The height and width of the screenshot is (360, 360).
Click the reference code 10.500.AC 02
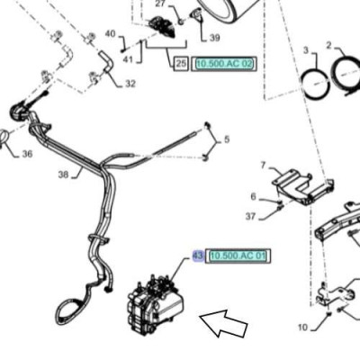(224, 64)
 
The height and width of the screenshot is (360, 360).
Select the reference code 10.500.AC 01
(238, 256)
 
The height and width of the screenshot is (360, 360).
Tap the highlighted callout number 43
(198, 256)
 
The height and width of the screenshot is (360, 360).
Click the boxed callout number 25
(181, 63)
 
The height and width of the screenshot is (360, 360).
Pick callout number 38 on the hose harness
(63, 175)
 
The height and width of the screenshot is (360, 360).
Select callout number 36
(27, 154)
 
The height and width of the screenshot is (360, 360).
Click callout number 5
(227, 139)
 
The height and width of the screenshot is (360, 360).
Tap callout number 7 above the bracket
(264, 166)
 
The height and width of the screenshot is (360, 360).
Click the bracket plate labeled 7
(303, 187)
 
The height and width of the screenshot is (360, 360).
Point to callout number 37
(250, 216)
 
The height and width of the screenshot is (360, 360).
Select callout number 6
(254, 196)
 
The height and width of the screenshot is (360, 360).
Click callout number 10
(303, 327)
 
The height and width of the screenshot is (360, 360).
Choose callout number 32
(130, 84)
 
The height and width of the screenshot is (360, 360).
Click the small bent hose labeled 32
(106, 61)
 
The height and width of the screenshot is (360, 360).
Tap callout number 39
(214, 38)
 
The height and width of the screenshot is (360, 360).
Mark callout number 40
(111, 33)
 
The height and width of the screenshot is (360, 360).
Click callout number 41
(128, 59)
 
